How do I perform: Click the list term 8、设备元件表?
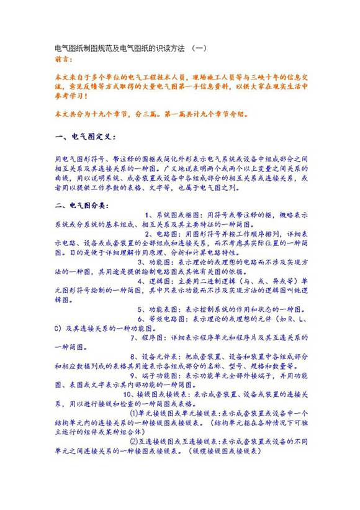click(x=158, y=356)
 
